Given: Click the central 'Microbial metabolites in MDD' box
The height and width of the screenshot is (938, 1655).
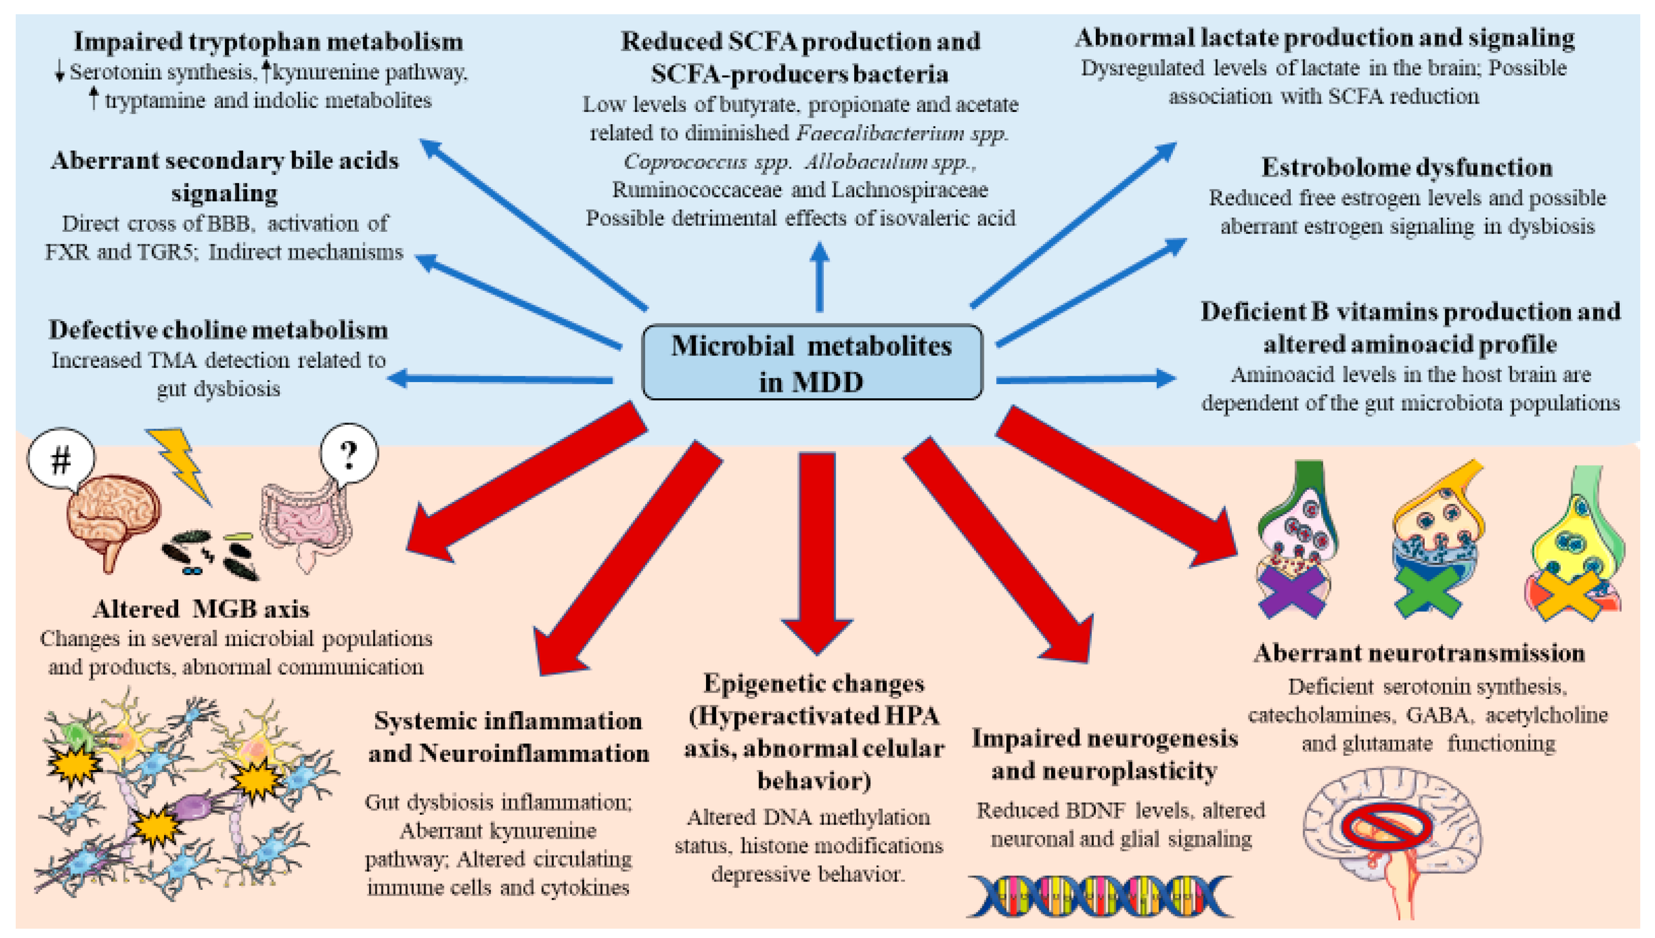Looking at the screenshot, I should pos(812,363).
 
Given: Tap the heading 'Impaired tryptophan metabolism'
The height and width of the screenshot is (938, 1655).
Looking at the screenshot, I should pos(268,42).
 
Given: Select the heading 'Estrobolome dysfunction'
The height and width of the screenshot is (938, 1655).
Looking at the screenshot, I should pos(1407,167).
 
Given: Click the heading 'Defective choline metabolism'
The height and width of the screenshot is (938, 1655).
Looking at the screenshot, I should pos(218,330).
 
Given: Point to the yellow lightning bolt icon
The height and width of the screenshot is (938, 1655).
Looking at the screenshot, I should pos(180,465).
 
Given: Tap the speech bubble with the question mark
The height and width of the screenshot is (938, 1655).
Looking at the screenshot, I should pos(349,455).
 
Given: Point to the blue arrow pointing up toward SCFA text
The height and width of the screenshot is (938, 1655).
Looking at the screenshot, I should pos(819,277).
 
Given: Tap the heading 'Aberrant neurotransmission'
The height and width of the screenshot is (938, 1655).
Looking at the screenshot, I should pos(1419,653).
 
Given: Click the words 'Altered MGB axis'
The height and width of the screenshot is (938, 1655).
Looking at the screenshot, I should pos(201,609).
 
